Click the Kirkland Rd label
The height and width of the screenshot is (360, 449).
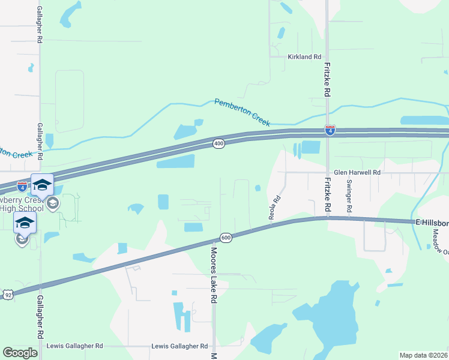click(x=304, y=56)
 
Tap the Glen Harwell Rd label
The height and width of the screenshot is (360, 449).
click(x=357, y=172)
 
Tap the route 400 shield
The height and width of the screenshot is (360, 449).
click(x=218, y=144)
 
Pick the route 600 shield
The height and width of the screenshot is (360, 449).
click(x=226, y=238)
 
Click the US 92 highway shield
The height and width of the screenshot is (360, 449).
click(x=7, y=295)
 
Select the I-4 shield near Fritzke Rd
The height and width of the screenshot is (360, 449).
click(x=330, y=130)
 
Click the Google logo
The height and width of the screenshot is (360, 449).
click(x=20, y=352)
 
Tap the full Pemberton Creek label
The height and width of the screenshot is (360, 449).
click(x=243, y=111)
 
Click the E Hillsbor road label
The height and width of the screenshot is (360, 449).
click(x=432, y=223)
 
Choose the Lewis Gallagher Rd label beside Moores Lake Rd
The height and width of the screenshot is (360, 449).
click(x=179, y=346)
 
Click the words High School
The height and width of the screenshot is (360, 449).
click(x=21, y=209)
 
